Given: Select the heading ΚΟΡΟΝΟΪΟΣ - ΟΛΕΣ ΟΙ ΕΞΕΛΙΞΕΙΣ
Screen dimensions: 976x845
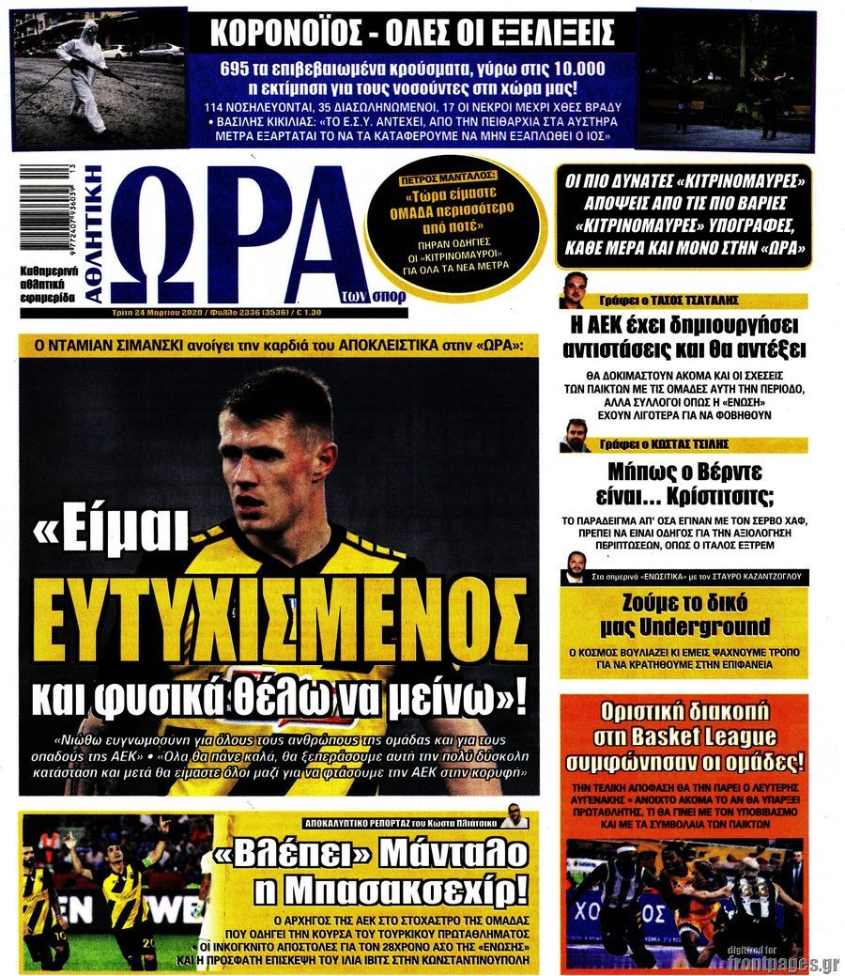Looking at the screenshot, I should point(411,34).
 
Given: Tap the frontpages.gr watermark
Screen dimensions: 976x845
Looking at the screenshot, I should point(783,962).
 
